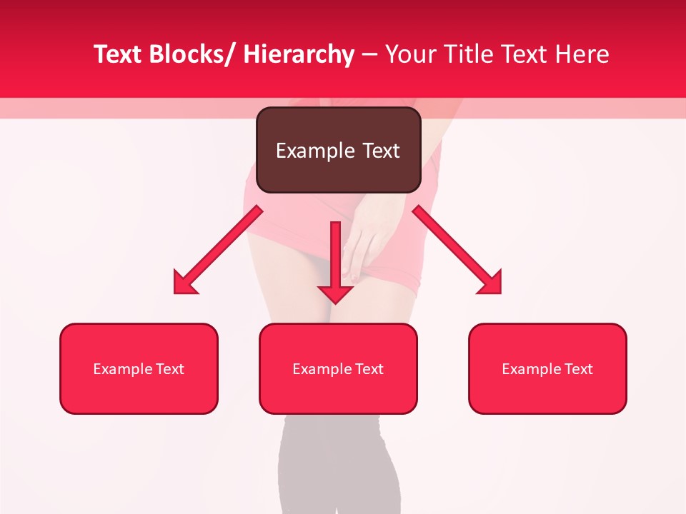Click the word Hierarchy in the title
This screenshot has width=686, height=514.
tap(299, 54)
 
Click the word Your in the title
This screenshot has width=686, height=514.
tap(409, 54)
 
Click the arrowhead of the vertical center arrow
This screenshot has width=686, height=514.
tap(335, 295)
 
